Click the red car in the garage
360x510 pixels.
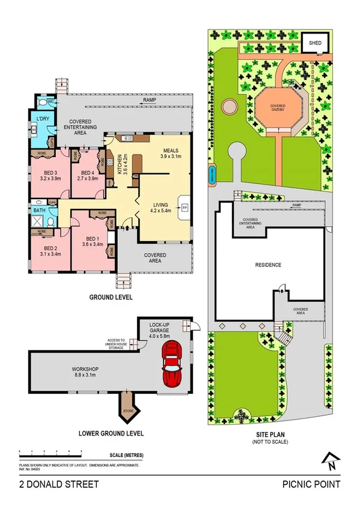coord(173,365)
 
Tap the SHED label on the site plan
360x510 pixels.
coord(315,43)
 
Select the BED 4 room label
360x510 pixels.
coord(84,175)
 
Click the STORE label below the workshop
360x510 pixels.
coord(127,411)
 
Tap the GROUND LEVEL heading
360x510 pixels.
coord(111,297)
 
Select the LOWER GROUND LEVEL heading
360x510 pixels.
coord(111,432)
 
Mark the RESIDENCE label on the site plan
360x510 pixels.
coord(268,265)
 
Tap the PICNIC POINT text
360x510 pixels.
coord(311,484)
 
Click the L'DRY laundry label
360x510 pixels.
coord(42,118)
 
